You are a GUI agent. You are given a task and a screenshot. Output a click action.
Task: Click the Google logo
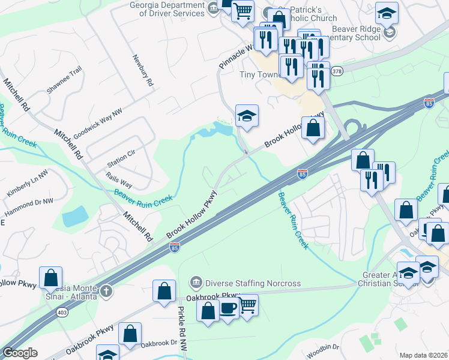(20, 353)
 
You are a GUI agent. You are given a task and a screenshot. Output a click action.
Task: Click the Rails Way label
(119, 182)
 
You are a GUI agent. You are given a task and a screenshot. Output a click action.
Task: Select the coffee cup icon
(228, 308)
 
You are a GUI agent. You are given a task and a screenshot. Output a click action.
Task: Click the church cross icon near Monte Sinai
(106, 291)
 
